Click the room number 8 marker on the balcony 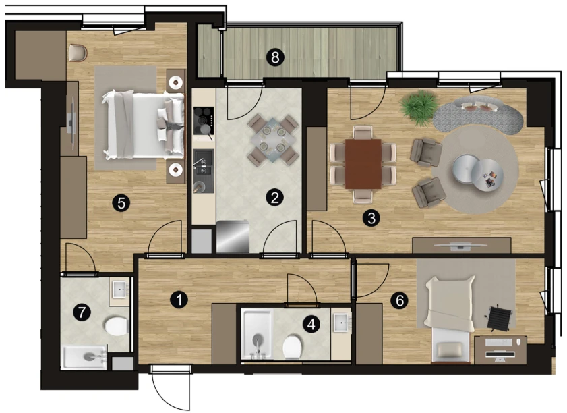pos(275,57)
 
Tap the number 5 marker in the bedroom pos(121,203)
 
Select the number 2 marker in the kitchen pos(275,198)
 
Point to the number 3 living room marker pos(371,218)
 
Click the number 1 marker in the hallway pos(179,300)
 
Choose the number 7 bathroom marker pos(82,312)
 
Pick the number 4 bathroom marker pos(311,325)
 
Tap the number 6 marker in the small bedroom pos(400,300)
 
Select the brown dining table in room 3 pos(363,163)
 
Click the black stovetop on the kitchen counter pos(204,121)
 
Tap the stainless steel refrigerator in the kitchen pos(233,237)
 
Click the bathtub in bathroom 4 pos(258,334)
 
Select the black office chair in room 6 pos(499,317)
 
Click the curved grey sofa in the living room pos(478,113)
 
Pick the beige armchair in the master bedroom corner pos(78,52)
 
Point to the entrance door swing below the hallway pos(170,387)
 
